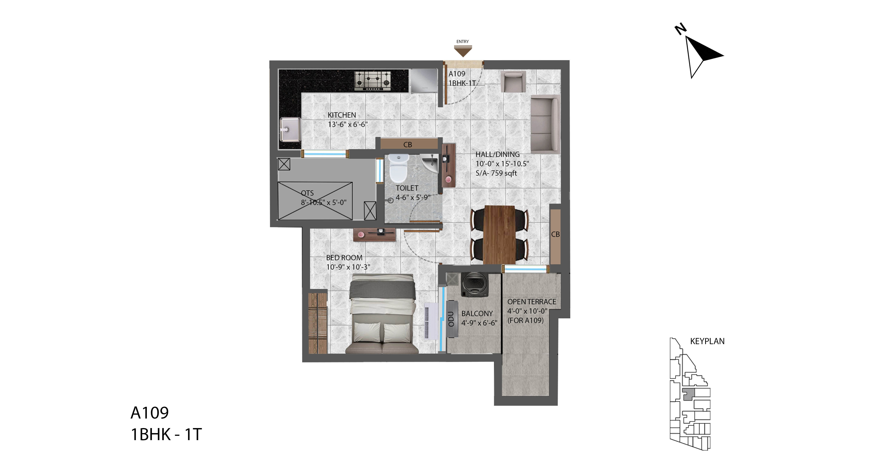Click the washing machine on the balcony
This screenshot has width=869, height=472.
point(475,285)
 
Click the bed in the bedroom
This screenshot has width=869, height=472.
point(382,314)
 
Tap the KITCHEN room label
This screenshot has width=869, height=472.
point(342,115)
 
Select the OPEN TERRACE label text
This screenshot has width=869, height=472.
point(532,302)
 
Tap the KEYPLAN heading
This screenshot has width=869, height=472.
point(707,341)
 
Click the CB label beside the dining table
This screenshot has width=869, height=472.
point(555,234)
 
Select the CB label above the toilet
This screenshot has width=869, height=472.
point(408,145)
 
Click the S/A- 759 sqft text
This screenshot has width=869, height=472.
point(496,173)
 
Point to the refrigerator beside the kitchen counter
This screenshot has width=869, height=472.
point(424,81)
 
